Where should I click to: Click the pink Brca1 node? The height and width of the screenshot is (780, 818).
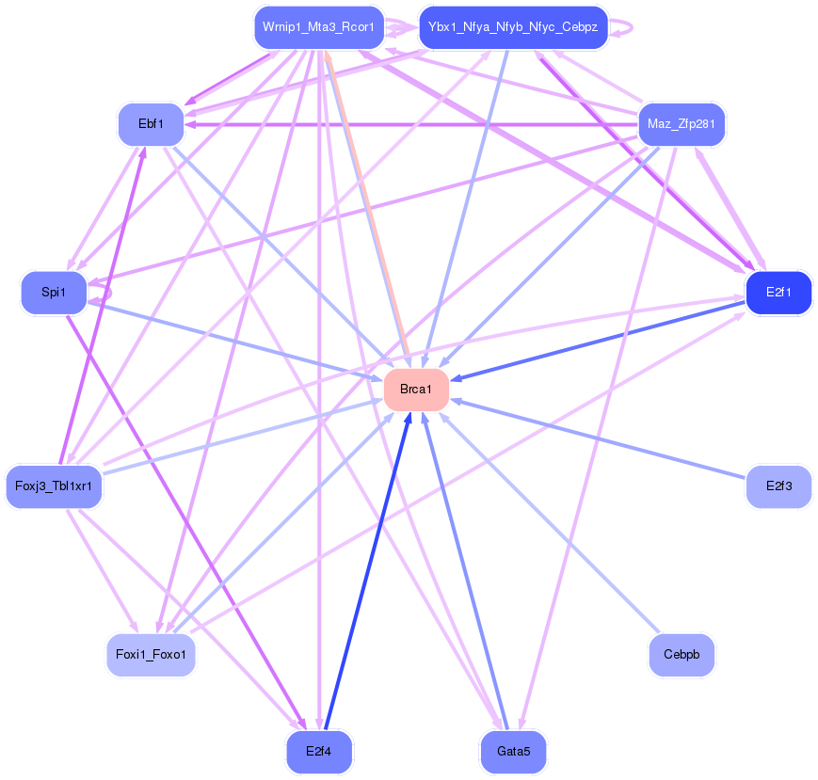[415, 389]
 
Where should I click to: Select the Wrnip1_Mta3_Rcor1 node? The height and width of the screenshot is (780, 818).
[318, 27]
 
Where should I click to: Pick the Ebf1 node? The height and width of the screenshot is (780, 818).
[151, 124]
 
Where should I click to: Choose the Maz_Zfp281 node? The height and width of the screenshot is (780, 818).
[681, 124]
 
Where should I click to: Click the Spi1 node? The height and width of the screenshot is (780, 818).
[54, 293]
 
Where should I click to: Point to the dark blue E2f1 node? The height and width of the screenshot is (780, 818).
[778, 293]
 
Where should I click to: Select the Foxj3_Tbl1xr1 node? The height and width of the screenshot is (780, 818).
[54, 486]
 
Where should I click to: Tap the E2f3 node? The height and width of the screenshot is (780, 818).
[778, 486]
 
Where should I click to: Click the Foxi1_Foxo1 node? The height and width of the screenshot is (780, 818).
[151, 655]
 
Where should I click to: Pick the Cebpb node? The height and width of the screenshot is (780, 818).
[682, 655]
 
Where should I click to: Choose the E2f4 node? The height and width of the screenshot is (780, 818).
[318, 752]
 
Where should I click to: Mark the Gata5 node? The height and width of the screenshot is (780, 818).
[513, 752]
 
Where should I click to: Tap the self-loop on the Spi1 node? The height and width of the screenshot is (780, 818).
[106, 294]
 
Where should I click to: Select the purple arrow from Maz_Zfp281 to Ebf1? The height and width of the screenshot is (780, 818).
[414, 124]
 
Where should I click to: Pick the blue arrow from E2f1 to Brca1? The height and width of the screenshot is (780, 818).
[602, 339]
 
